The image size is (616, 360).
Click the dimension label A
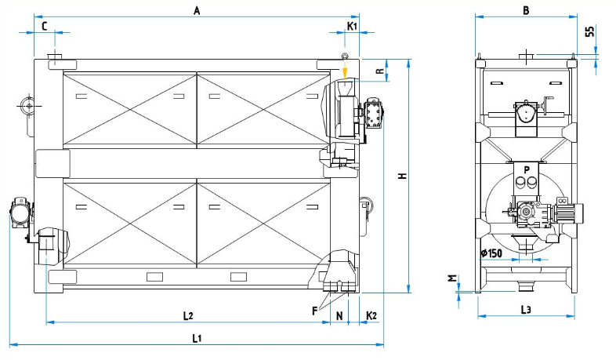click(197, 10)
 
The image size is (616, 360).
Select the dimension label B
click(526, 10)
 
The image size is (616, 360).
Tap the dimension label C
click(44, 26)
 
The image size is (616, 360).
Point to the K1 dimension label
click(353, 26)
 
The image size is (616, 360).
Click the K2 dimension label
click(372, 315)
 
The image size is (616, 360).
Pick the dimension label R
click(379, 72)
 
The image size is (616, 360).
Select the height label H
click(400, 176)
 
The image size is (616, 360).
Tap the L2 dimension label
click(188, 315)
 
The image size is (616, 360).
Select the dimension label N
click(339, 315)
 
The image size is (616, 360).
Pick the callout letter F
click(315, 311)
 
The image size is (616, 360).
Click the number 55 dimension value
click(589, 32)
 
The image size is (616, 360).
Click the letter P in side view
click(527, 169)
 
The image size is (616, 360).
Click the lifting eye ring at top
click(343, 55)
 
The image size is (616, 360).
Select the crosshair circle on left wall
click(28, 104)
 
